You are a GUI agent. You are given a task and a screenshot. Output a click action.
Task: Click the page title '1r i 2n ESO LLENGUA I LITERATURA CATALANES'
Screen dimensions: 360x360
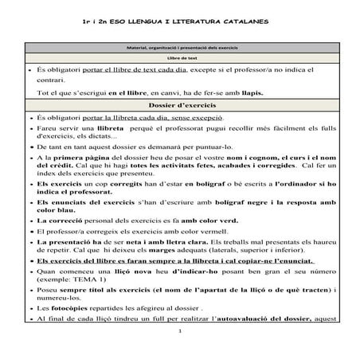click(x=179, y=19)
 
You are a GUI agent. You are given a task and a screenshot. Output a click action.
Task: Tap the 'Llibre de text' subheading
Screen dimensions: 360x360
click(x=180, y=61)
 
